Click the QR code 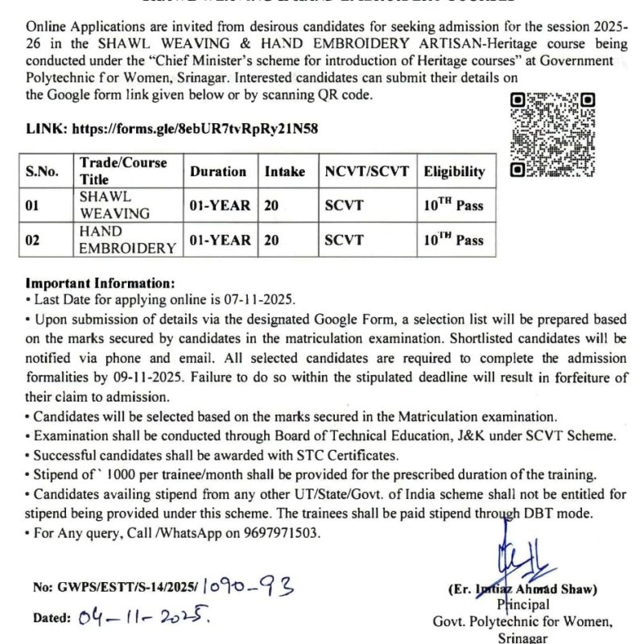click(553, 134)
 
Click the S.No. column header click(42, 171)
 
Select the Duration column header click(218, 171)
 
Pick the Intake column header click(285, 171)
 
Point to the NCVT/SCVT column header click(367, 171)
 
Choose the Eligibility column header click(455, 171)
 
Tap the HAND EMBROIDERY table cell click(127, 240)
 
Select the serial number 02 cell click(32, 241)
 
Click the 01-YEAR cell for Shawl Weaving click(220, 205)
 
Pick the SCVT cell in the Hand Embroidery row click(344, 241)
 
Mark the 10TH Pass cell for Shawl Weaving click(454, 205)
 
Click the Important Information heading click(100, 283)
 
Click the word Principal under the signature click(523, 604)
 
